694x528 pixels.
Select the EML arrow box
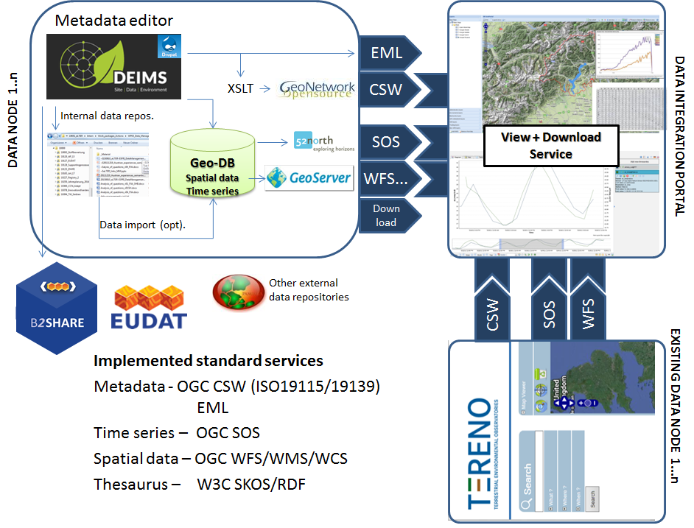click(x=388, y=52)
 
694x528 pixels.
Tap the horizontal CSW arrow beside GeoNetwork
click(x=388, y=90)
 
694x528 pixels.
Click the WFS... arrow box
click(x=388, y=178)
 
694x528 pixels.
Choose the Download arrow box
click(x=388, y=215)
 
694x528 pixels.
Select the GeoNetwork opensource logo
click(x=318, y=89)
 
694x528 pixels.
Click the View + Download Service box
click(x=550, y=146)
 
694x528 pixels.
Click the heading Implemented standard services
click(x=208, y=361)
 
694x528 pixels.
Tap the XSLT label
click(x=241, y=88)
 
